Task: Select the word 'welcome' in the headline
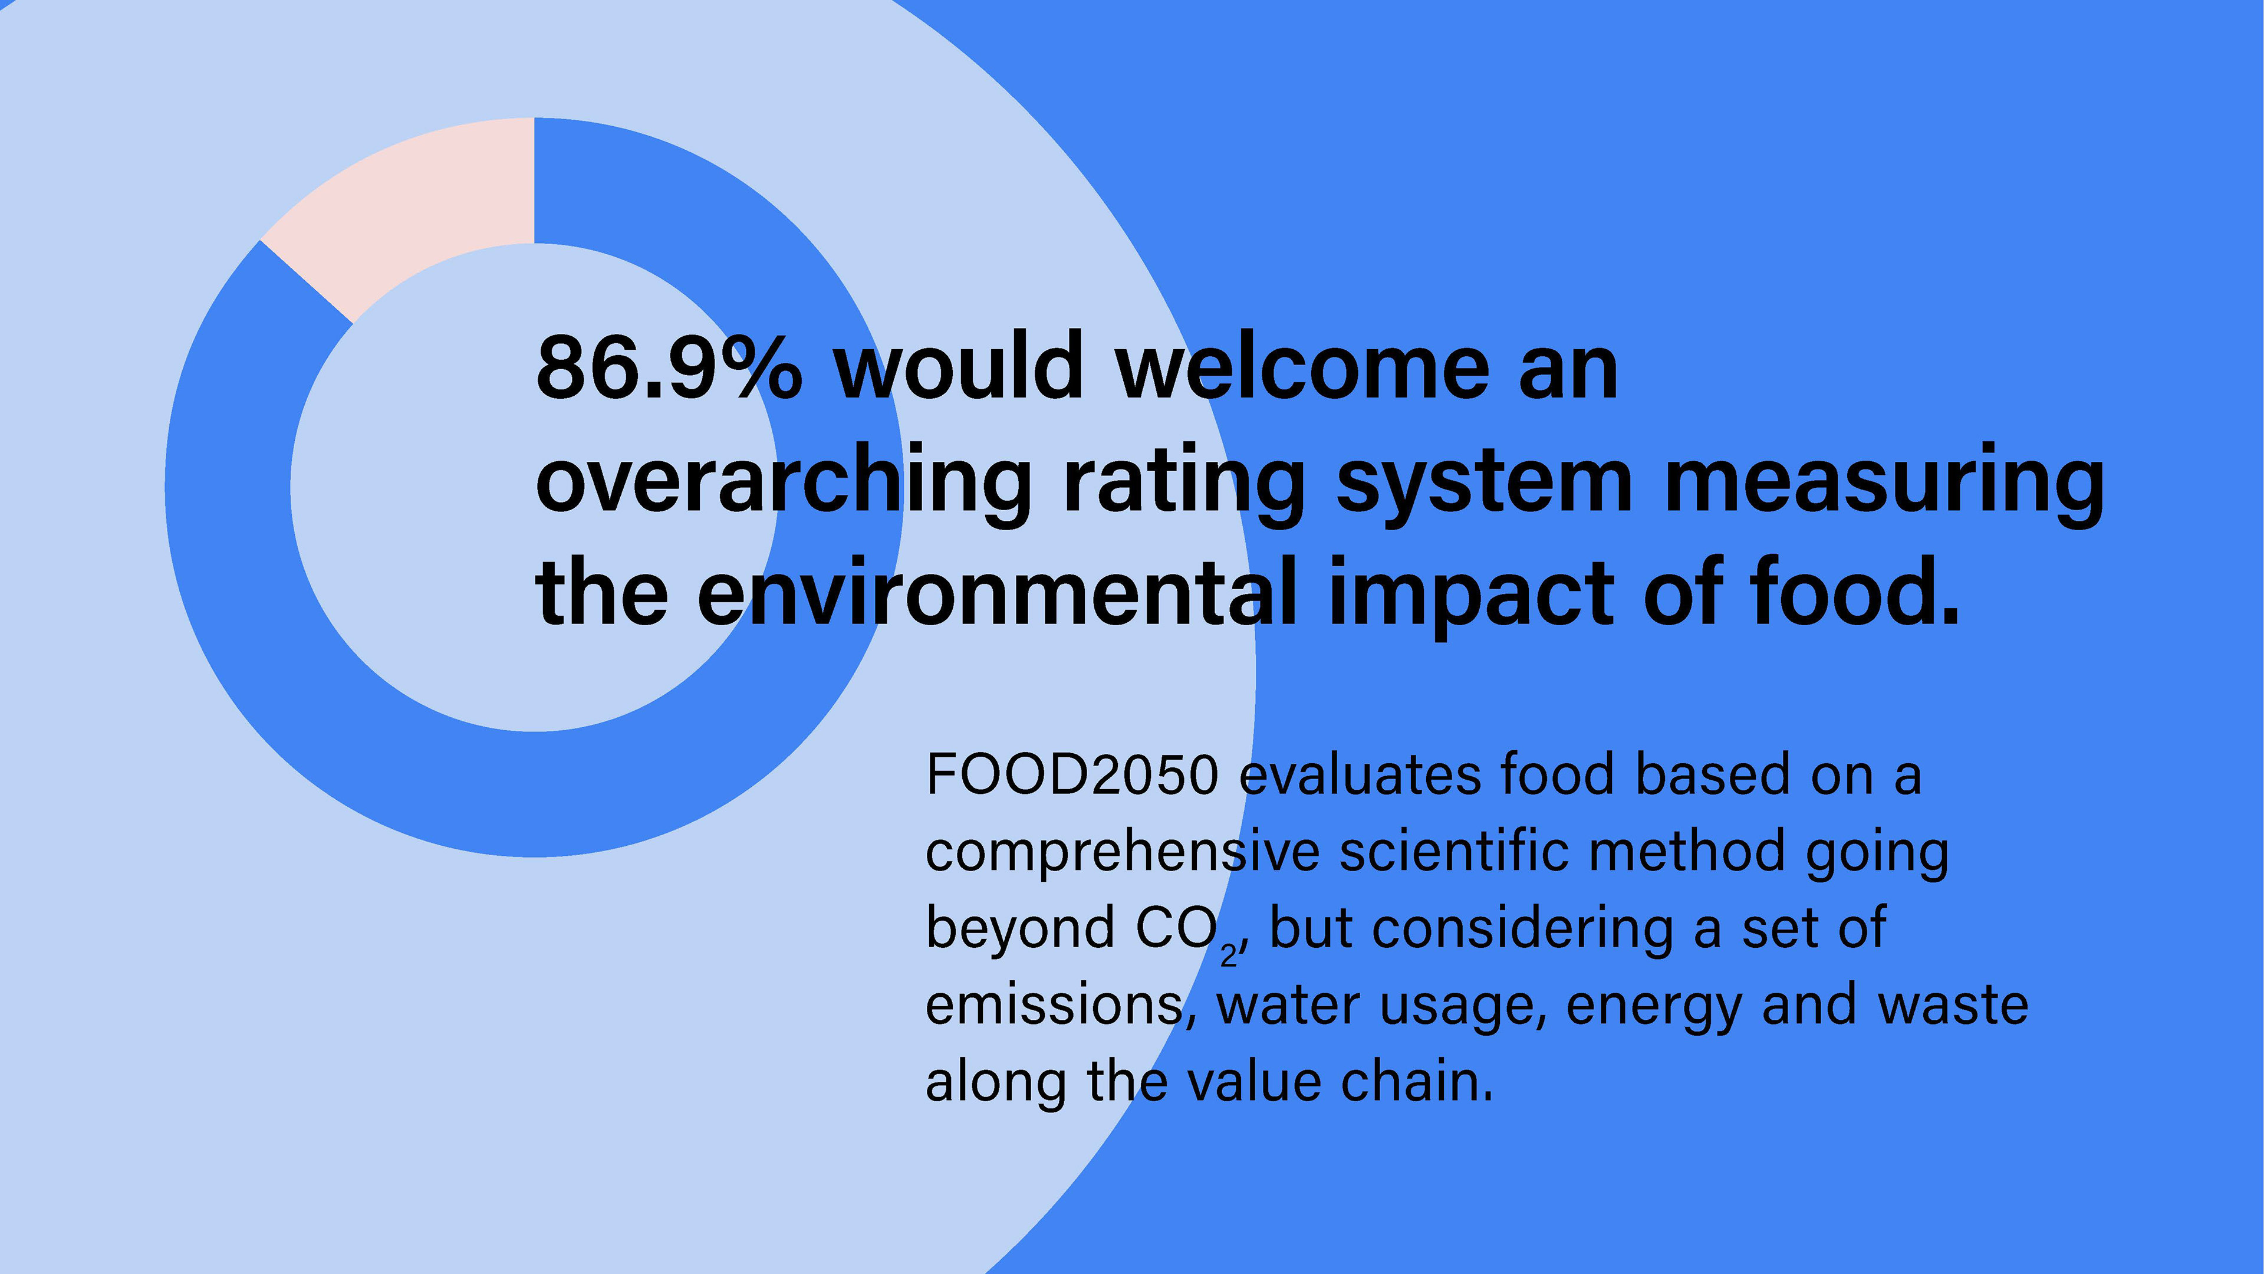(1302, 366)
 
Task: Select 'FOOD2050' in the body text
(1073, 776)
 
